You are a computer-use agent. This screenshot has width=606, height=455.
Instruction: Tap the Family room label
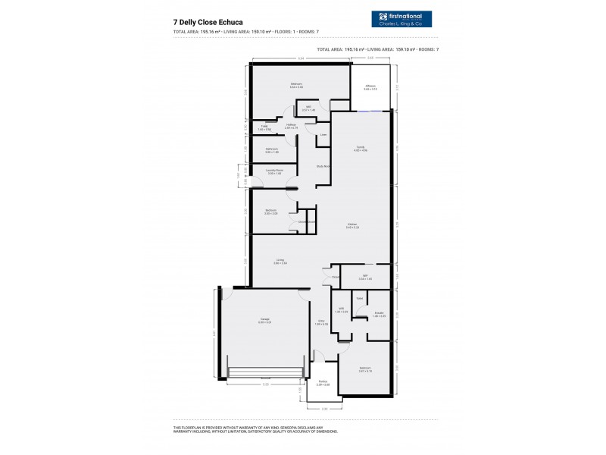click(361, 149)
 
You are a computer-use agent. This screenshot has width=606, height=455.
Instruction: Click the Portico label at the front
click(323, 382)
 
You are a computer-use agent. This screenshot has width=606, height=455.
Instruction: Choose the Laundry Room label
click(274, 172)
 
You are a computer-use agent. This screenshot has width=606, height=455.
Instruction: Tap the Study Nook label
click(323, 165)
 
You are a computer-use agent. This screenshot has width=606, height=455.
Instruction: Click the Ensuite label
click(379, 313)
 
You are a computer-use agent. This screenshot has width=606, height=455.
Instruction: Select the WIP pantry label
click(364, 277)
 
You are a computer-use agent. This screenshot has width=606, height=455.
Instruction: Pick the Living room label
click(280, 261)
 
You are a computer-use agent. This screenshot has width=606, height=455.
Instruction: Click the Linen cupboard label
click(323, 135)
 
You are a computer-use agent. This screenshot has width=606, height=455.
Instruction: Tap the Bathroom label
click(271, 150)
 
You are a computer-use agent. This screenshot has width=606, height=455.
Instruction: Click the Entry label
click(321, 323)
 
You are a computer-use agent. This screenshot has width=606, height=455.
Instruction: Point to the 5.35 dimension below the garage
click(265, 385)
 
